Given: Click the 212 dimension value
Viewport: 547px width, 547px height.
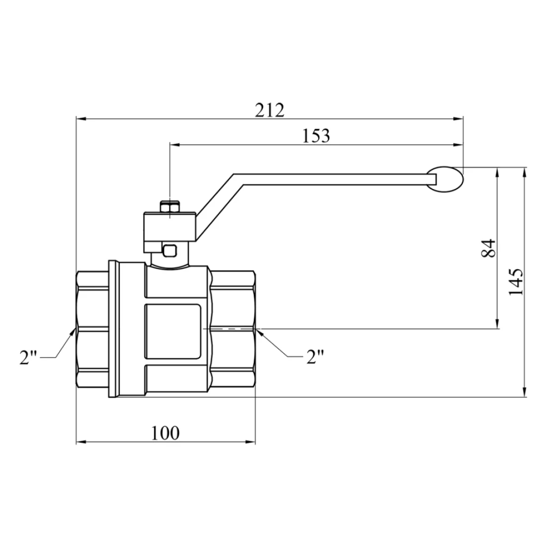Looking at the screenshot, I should pos(270,110).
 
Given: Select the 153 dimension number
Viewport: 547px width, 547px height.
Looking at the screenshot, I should pos(316,136).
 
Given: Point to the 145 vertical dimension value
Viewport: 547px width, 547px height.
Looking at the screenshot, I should pos(515,282).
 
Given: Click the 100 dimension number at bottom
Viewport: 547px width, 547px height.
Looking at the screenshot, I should pos(166,433).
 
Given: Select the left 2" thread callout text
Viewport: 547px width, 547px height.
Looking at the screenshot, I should pos(29,357).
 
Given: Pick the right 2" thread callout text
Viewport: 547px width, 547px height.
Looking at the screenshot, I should pos(315,356).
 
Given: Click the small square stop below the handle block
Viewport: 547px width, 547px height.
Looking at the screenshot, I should pos(170,251).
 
